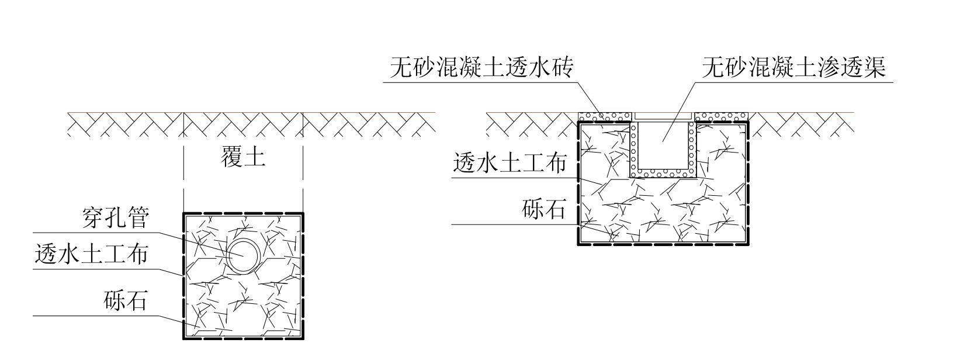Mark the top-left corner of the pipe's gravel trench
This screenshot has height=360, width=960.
[184, 213]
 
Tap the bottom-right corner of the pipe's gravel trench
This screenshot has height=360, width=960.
[303, 338]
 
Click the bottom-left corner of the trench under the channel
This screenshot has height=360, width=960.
[578, 244]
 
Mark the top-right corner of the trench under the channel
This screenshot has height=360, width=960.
[748, 122]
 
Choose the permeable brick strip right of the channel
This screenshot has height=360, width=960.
[722, 116]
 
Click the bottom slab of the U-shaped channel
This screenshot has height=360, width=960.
[663, 173]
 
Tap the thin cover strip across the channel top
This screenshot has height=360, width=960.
[663, 116]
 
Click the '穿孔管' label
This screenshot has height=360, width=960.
[116, 218]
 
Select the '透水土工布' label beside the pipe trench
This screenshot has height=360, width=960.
[91, 254]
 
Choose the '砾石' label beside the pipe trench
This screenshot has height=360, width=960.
[126, 300]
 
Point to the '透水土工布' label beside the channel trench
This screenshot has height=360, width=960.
[510, 163]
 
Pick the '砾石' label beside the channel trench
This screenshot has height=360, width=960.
[544, 209]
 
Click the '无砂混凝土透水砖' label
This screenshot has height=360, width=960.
[481, 67]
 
